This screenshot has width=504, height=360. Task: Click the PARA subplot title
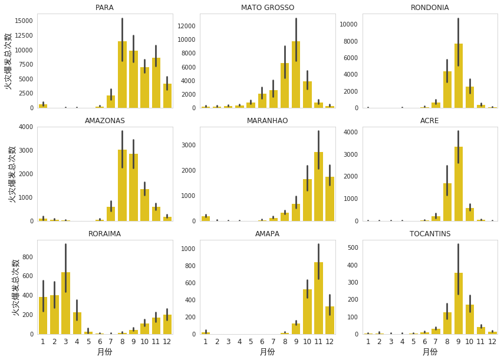pos(104,8)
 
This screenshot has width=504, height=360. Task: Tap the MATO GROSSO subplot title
pos(268,8)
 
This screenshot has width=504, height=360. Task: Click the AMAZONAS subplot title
pos(104,121)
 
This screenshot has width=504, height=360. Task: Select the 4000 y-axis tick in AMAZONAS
pos(25,127)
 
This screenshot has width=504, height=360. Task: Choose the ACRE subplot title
pos(430,121)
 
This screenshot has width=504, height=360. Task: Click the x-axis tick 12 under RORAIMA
pos(167,341)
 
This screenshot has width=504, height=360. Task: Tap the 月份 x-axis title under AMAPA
pos(267,352)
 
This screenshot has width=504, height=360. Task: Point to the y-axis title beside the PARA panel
pos(9,61)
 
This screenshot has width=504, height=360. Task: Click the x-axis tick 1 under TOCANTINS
pos(368,341)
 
